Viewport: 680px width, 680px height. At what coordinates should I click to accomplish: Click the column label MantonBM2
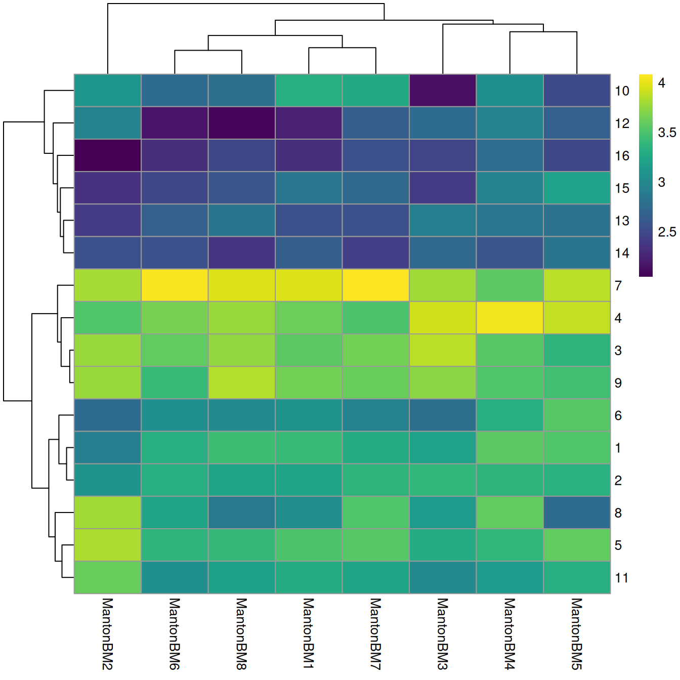click(x=107, y=633)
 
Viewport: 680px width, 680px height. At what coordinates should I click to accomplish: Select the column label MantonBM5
click(x=577, y=633)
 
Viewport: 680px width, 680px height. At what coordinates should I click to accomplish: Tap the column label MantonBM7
click(x=375, y=633)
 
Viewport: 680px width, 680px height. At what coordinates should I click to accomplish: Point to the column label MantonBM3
click(x=443, y=633)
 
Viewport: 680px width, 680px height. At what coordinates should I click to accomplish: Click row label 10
click(x=622, y=91)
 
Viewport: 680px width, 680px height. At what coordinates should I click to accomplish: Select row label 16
click(x=622, y=156)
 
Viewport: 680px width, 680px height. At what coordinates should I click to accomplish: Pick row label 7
click(x=618, y=286)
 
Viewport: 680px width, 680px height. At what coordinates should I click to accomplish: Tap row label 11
click(x=621, y=578)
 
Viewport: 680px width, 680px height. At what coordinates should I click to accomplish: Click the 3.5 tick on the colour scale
click(x=666, y=133)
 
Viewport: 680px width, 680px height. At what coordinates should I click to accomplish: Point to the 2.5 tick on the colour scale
click(x=666, y=232)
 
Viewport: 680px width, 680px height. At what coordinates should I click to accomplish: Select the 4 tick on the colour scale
click(x=661, y=83)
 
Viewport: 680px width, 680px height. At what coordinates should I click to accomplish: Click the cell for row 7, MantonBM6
click(x=175, y=285)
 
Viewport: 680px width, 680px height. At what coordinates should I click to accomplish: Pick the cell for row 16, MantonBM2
click(x=107, y=155)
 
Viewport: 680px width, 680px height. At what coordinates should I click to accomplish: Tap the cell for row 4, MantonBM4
click(x=509, y=318)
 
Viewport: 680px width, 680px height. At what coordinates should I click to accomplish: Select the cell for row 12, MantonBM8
click(x=241, y=123)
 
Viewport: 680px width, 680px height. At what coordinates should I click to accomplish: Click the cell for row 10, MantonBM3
click(x=443, y=91)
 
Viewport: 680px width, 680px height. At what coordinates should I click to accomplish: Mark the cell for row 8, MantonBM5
click(x=577, y=513)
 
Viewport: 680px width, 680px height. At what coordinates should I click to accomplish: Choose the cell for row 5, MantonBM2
click(x=107, y=545)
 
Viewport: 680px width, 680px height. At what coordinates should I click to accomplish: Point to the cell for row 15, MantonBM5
click(x=577, y=188)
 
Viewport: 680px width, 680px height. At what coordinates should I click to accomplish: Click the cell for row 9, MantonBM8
click(x=241, y=382)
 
